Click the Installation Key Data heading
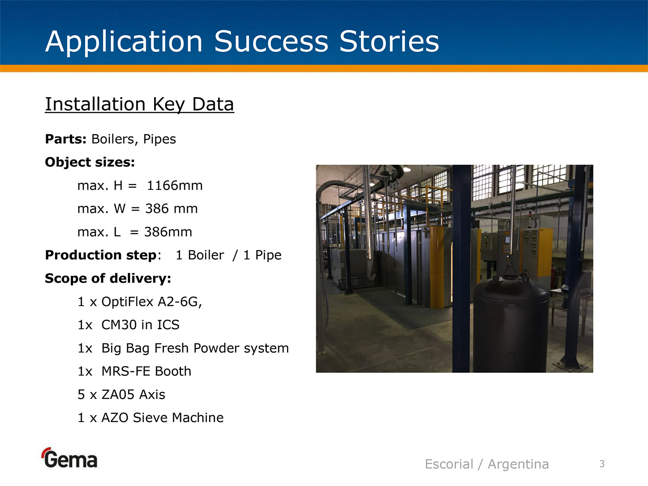point(139,104)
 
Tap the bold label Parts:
point(66,139)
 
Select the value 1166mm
point(175,186)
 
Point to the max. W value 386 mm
point(171,209)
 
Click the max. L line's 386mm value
point(168,232)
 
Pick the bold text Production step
point(100,255)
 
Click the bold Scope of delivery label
point(108,278)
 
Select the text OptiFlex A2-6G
point(151,302)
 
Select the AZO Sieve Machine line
point(150,417)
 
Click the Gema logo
point(69,458)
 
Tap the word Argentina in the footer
point(518,464)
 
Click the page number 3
point(602,464)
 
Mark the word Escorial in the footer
point(449,464)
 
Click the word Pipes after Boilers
point(159,139)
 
